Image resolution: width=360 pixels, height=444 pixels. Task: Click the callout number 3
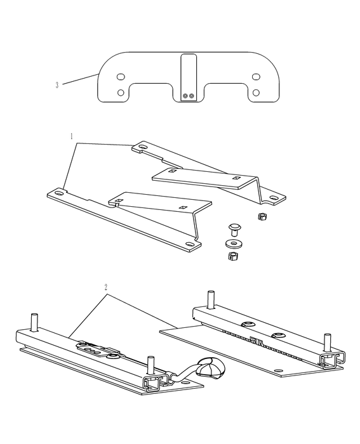(57, 85)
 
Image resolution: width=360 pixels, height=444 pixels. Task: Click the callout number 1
(72, 136)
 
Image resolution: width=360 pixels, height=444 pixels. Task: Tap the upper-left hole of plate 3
(121, 77)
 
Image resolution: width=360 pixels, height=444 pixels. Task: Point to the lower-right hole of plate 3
(256, 93)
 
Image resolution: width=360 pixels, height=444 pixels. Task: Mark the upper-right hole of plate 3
(256, 77)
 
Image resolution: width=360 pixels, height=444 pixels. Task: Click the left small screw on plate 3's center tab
(185, 96)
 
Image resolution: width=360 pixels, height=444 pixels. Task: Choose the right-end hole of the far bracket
(274, 198)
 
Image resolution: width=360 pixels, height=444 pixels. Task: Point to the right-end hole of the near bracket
(189, 244)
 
